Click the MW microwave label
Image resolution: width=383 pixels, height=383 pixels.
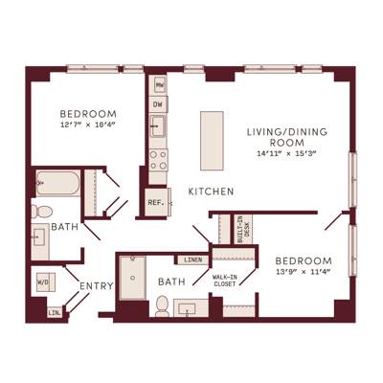[x=160, y=85]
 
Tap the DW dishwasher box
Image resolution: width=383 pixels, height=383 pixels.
[x=159, y=104]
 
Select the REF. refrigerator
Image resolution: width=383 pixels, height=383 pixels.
[x=156, y=202]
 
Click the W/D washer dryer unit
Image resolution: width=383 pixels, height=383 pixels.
[x=46, y=282]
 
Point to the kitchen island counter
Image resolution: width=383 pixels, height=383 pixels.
[x=212, y=141]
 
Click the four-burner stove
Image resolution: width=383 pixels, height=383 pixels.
[x=159, y=160]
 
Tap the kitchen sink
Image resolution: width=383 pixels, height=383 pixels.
[x=158, y=126]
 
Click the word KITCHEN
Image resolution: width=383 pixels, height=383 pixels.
[x=211, y=191]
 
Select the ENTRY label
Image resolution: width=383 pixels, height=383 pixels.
[x=97, y=286]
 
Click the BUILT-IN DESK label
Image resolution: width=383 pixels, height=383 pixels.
[x=243, y=229]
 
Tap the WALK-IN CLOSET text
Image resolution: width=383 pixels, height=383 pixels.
[x=225, y=281]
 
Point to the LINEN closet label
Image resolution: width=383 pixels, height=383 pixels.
[x=193, y=259]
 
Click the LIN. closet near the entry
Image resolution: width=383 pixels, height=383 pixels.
[x=55, y=313]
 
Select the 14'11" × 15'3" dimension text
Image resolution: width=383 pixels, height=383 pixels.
[x=286, y=153]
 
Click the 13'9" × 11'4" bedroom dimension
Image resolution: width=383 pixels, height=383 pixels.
[x=304, y=272]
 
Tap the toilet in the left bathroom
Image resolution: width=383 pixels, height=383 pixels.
[x=41, y=212]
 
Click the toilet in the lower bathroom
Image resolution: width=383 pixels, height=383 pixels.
[x=162, y=306]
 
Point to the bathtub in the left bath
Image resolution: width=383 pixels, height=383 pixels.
[x=58, y=183]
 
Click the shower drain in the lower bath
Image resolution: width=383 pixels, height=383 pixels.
[x=133, y=278]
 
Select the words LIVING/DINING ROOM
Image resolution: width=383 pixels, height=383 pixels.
[x=287, y=137]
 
